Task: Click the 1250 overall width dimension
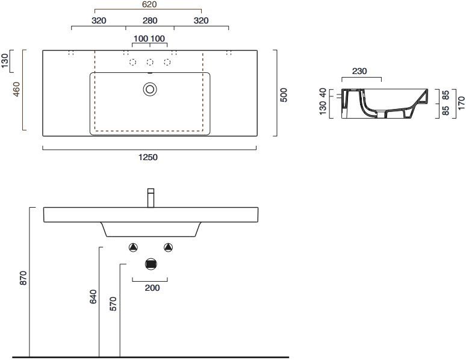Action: [149, 158]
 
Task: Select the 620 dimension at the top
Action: [149, 5]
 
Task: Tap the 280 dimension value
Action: [149, 20]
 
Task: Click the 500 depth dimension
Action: [284, 95]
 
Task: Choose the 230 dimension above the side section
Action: [359, 72]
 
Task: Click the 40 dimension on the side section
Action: [323, 93]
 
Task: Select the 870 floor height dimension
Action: [23, 279]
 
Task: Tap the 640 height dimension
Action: [93, 297]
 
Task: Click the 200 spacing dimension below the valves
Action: [152, 288]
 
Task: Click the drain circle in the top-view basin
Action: [150, 89]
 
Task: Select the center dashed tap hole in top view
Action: [150, 63]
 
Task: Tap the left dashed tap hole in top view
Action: [132, 63]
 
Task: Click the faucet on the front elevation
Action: [151, 198]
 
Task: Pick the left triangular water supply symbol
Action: [134, 247]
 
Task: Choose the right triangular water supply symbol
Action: [169, 247]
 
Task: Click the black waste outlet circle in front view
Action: [151, 264]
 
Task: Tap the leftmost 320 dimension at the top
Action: [99, 20]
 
